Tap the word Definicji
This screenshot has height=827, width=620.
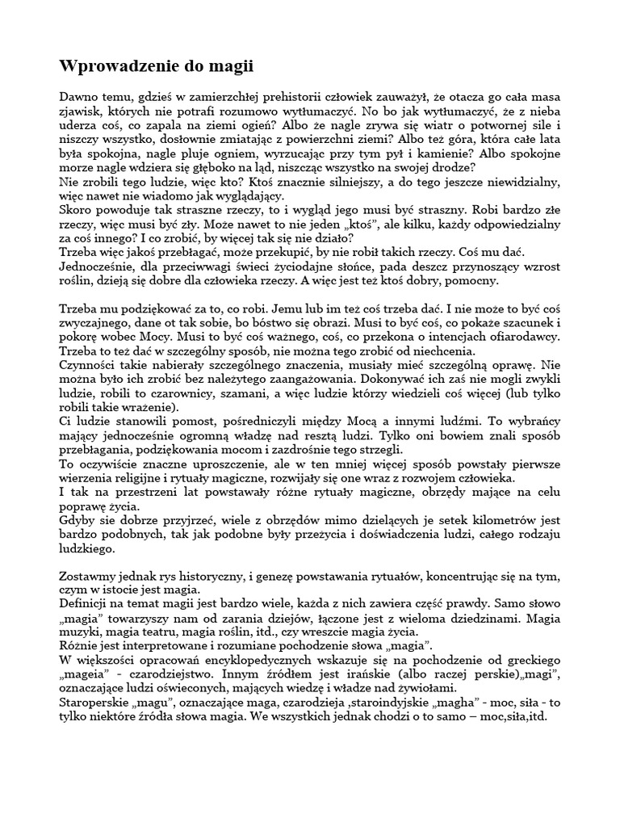[x=88, y=604]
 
